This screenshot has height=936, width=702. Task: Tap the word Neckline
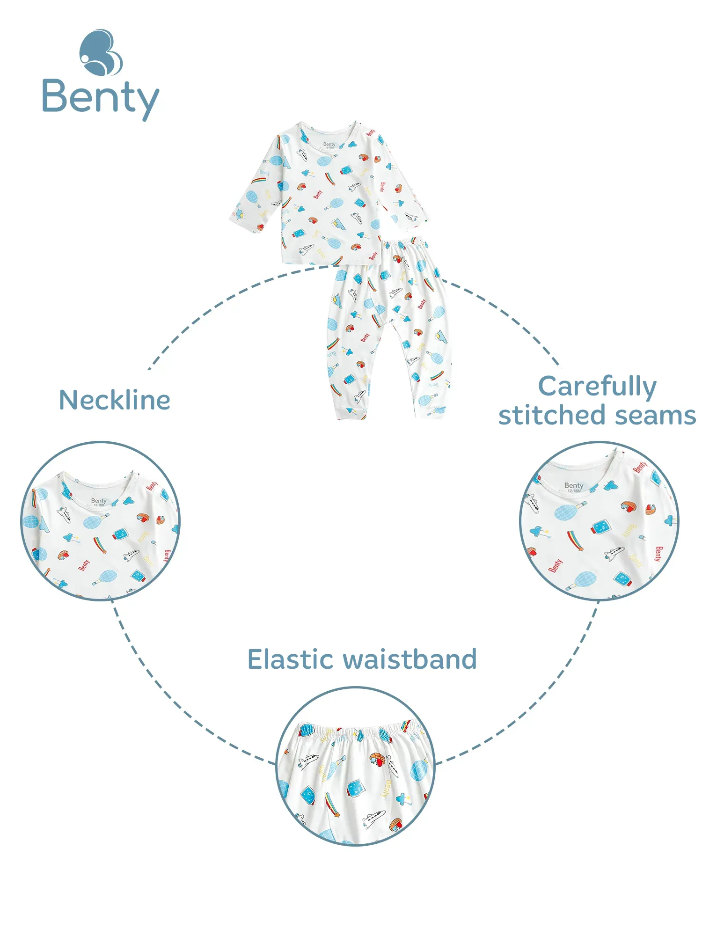[115, 400]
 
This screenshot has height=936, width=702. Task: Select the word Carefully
[598, 387]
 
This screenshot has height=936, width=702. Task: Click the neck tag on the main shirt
[329, 145]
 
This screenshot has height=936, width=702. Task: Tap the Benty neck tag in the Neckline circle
[99, 501]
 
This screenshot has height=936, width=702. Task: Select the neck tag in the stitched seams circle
[574, 487]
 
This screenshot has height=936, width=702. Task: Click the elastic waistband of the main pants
[405, 245]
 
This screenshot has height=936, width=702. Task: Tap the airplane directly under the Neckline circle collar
[64, 514]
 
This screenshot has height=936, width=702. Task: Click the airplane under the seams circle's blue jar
[614, 553]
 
